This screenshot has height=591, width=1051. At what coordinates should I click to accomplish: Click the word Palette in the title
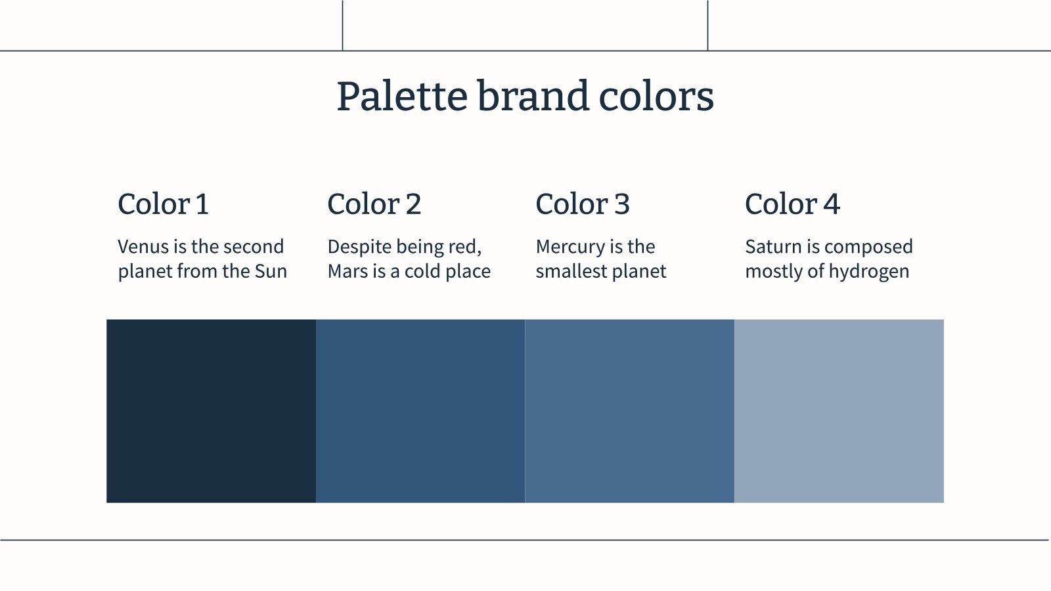(x=401, y=97)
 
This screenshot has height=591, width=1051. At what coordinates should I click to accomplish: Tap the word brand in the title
(x=533, y=97)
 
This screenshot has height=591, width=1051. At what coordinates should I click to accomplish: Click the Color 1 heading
(x=163, y=204)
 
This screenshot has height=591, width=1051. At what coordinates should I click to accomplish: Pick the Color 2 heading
(x=374, y=204)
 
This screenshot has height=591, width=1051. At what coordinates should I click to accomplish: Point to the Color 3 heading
(x=582, y=204)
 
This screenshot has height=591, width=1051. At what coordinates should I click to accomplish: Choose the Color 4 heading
(x=792, y=204)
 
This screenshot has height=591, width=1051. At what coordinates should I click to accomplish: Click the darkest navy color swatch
(x=211, y=411)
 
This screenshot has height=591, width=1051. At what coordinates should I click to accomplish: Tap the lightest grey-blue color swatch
(x=839, y=411)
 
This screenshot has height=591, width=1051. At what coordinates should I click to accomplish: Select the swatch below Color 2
(x=420, y=411)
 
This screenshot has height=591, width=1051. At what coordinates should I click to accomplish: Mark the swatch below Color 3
(x=629, y=411)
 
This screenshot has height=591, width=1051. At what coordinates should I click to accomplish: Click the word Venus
(x=143, y=247)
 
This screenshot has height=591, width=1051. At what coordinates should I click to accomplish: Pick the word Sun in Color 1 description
(x=270, y=271)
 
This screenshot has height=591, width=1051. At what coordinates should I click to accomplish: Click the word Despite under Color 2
(x=359, y=248)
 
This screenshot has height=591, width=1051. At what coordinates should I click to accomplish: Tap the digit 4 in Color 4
(x=832, y=204)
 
